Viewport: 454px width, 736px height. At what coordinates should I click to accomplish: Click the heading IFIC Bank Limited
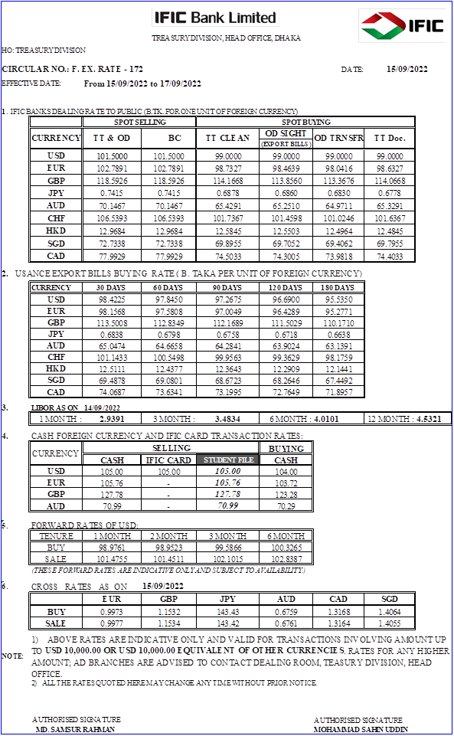click(214, 18)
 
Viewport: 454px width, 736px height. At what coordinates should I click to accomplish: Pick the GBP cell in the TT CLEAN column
click(227, 180)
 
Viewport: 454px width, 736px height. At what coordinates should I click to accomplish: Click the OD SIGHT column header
click(286, 134)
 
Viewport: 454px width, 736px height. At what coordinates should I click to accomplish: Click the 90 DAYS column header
click(227, 288)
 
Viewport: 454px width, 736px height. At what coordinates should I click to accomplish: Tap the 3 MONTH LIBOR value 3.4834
click(230, 418)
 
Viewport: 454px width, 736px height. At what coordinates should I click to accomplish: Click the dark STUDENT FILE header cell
click(227, 460)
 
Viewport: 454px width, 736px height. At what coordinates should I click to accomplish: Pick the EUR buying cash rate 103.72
click(286, 483)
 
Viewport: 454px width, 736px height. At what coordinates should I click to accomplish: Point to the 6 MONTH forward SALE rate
click(286, 558)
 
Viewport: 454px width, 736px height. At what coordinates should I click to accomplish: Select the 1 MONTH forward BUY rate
click(113, 548)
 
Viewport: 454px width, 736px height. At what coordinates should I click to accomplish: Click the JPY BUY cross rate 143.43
click(227, 612)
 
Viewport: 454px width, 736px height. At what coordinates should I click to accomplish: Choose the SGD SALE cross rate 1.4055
click(390, 623)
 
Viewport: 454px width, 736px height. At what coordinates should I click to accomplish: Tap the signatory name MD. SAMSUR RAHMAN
click(75, 730)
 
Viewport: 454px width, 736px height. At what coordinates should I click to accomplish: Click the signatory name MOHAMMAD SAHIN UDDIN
click(361, 730)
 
